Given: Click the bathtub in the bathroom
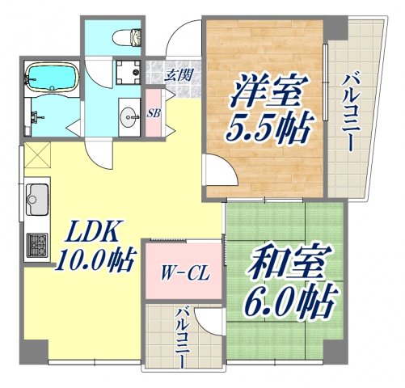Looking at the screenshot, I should click(50, 78).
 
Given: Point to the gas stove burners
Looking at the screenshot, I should click(37, 242).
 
